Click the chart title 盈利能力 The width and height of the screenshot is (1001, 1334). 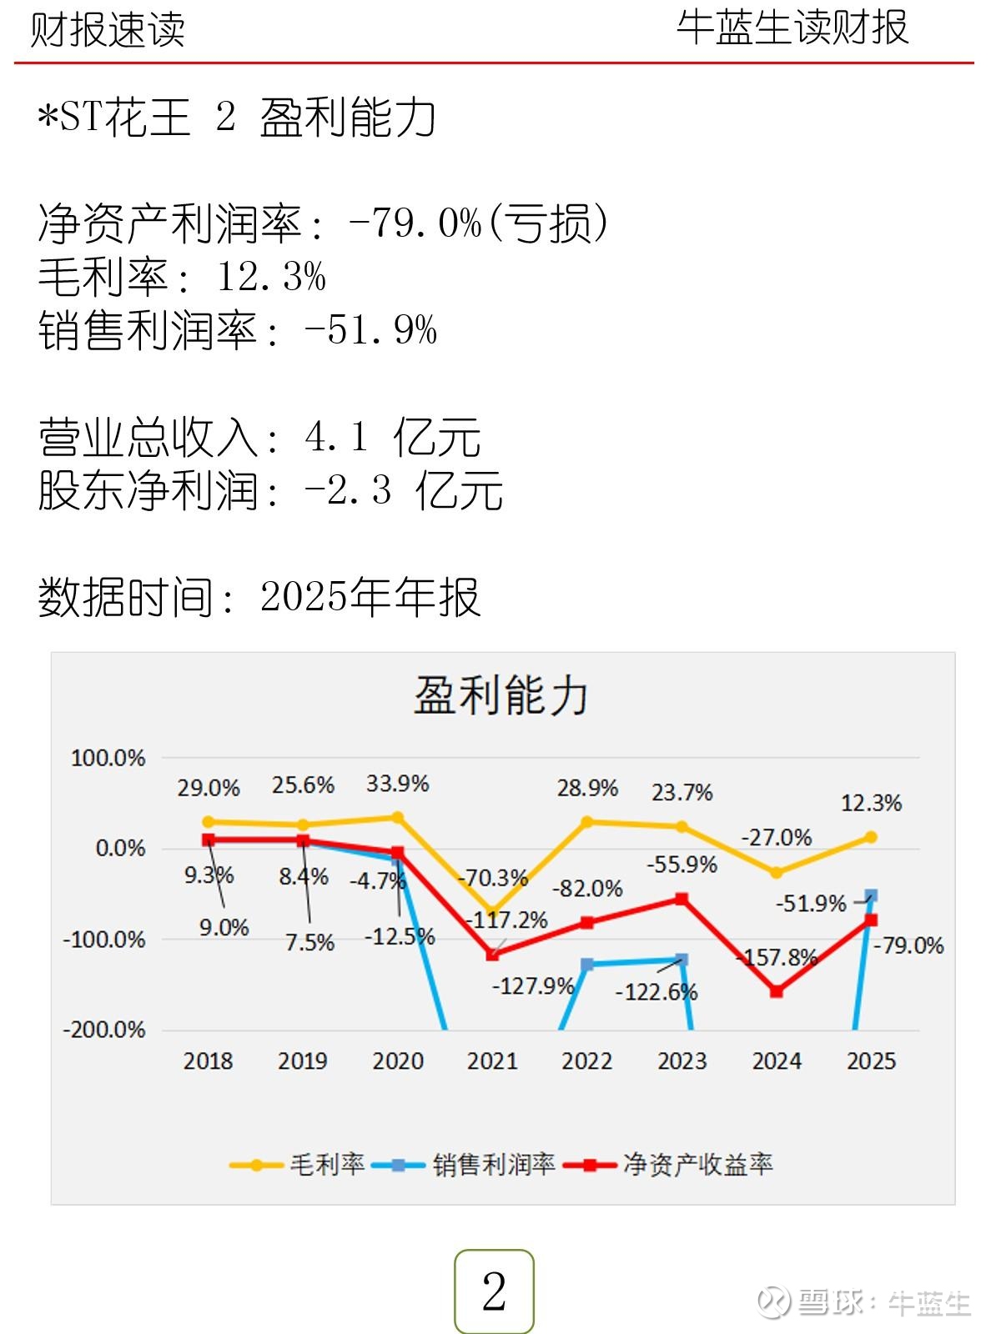point(501,695)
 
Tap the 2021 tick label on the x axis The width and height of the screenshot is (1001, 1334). point(492,1061)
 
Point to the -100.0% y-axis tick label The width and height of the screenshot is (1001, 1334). point(104,940)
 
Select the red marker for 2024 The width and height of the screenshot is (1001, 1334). point(777,991)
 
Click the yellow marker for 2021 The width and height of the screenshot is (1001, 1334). point(492,912)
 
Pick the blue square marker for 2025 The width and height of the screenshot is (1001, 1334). point(872,895)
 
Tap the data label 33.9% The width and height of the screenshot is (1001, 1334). point(397,784)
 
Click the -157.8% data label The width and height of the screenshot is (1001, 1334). point(777,957)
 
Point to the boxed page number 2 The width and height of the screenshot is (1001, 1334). point(494,1291)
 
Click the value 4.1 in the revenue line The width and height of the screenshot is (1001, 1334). point(336,437)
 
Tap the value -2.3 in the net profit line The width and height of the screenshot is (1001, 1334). point(349,490)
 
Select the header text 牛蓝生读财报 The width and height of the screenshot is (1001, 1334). point(792,28)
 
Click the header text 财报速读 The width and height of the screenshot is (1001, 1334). point(108,30)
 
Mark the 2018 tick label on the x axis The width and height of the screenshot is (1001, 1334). point(208,1061)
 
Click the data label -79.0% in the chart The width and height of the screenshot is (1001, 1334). point(908,945)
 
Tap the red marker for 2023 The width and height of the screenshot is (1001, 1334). point(682,899)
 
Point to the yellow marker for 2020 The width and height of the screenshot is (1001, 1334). point(398,817)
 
